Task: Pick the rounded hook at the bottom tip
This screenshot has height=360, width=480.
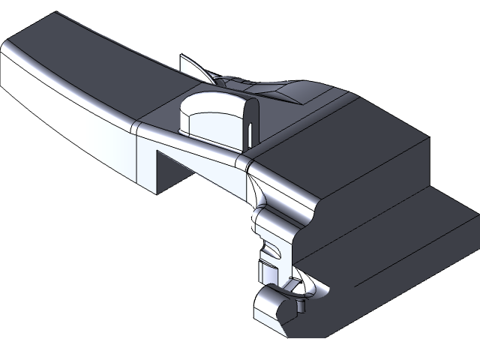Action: point(270,307)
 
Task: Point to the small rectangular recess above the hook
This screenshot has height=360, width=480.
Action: point(265,267)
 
